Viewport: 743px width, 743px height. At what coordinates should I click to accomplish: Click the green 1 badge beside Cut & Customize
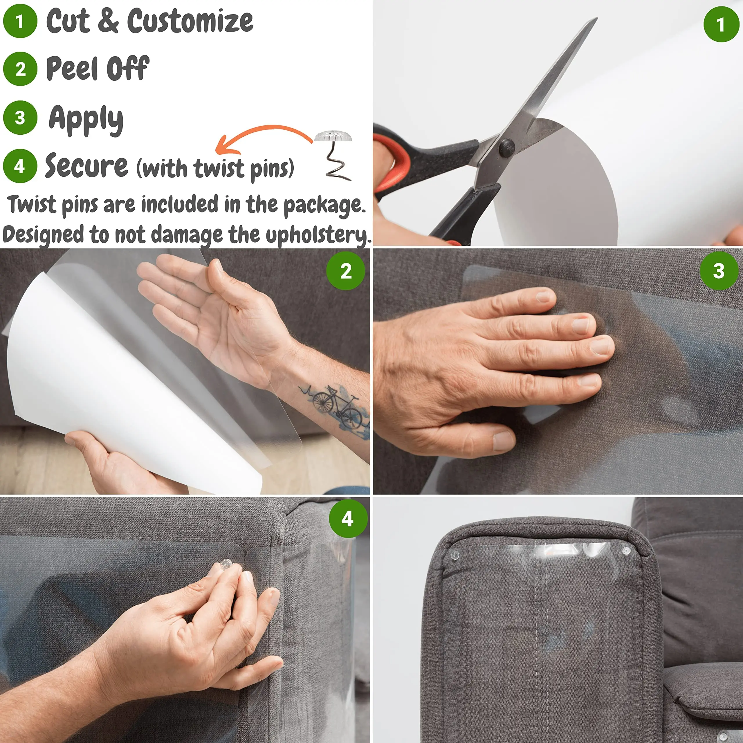[x=20, y=21]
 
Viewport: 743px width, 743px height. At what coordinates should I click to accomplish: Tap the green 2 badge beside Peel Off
[x=20, y=69]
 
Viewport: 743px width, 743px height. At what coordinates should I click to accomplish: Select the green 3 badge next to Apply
[x=20, y=117]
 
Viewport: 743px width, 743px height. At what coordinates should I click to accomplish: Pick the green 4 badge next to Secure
[x=20, y=166]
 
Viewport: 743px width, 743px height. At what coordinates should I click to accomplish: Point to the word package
[x=324, y=205]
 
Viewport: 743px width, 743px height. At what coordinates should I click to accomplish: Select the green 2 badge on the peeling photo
[x=345, y=271]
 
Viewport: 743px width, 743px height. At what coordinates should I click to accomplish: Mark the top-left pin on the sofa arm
[x=455, y=555]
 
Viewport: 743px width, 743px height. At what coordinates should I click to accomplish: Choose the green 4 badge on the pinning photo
[x=348, y=519]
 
